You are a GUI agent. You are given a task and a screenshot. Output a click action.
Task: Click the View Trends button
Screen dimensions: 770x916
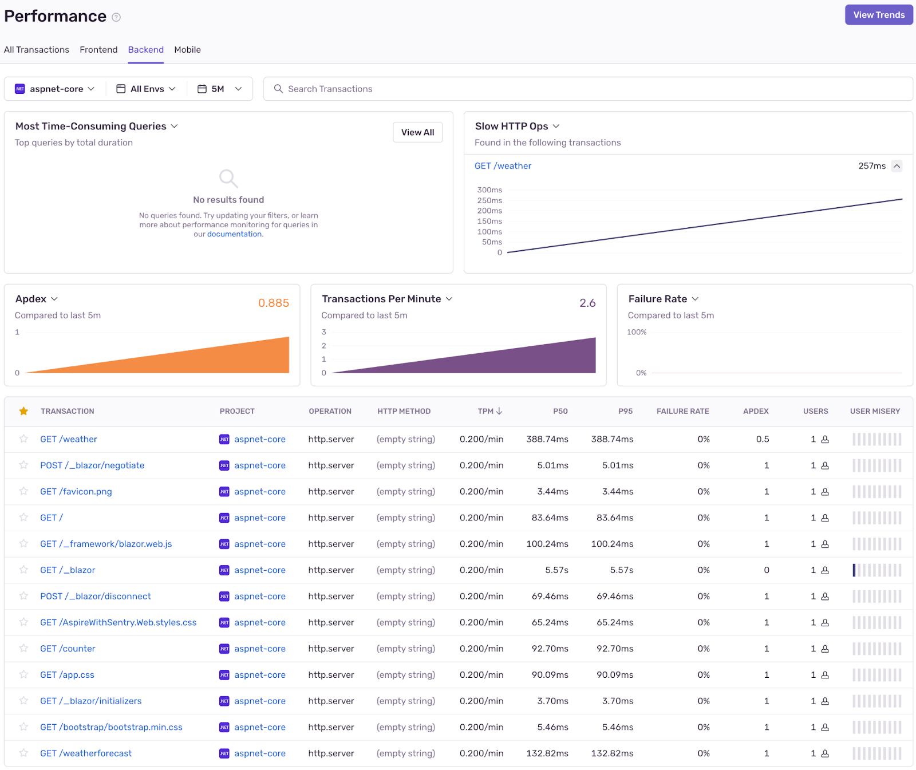878,15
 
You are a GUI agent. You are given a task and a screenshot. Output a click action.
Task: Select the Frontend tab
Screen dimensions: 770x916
98,50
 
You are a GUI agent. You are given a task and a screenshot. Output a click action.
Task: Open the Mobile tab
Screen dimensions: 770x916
187,50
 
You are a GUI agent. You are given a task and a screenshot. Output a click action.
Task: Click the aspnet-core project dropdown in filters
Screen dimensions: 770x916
55,89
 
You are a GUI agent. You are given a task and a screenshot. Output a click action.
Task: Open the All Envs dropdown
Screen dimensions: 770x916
147,89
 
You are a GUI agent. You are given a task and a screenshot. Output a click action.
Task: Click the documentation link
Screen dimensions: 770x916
234,234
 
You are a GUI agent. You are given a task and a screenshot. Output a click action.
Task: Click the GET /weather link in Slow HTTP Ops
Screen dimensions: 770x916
503,166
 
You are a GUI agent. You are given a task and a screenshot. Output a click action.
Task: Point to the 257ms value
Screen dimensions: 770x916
871,166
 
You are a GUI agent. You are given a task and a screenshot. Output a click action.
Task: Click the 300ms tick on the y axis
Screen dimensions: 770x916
489,190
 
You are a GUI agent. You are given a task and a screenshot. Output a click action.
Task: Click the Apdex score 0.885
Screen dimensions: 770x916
273,303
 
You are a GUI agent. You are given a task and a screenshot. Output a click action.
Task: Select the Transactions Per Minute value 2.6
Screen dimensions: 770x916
587,303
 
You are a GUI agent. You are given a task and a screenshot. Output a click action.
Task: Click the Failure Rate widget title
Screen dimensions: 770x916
657,299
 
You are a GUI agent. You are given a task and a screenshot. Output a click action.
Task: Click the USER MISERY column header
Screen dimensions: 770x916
874,411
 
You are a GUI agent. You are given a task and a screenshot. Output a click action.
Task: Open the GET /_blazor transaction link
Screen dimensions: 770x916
68,570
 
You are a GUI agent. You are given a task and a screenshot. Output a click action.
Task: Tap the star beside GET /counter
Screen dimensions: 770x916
23,648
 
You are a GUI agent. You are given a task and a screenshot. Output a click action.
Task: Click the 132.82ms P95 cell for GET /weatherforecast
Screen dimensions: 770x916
611,753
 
